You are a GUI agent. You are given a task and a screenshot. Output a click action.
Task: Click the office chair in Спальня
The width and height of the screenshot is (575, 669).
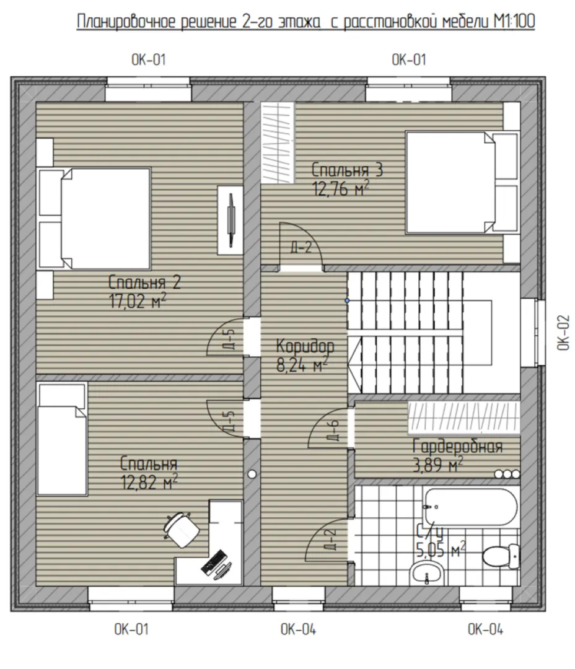[x=182, y=529]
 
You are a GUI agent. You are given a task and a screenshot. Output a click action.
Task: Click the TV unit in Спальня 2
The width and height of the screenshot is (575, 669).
[x=230, y=220]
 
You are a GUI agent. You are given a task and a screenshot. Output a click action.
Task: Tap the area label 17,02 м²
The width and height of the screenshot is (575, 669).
[x=138, y=302]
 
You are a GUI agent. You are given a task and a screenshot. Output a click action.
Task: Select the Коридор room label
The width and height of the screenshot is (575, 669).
[x=305, y=346]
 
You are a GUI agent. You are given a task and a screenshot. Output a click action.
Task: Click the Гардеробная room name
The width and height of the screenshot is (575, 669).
[x=457, y=446]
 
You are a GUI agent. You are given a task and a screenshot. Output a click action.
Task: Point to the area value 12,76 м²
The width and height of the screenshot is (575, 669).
[x=341, y=188]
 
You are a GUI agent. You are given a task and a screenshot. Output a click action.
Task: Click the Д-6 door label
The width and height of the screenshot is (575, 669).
[x=334, y=430]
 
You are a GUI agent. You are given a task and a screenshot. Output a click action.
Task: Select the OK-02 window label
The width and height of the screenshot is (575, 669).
[x=563, y=333]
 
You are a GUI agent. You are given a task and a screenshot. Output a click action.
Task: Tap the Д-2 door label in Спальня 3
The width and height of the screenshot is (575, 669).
[x=301, y=247]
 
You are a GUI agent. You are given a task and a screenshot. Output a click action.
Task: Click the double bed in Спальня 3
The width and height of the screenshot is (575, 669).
[x=462, y=183]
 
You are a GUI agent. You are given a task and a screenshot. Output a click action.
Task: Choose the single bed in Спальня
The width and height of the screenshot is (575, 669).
[x=63, y=439]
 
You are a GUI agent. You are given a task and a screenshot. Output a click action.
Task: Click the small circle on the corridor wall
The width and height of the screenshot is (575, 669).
[x=252, y=474]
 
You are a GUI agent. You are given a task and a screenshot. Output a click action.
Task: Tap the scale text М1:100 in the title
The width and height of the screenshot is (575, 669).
[x=514, y=21]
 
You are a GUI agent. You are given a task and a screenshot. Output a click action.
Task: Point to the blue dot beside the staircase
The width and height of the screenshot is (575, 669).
[x=347, y=300]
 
